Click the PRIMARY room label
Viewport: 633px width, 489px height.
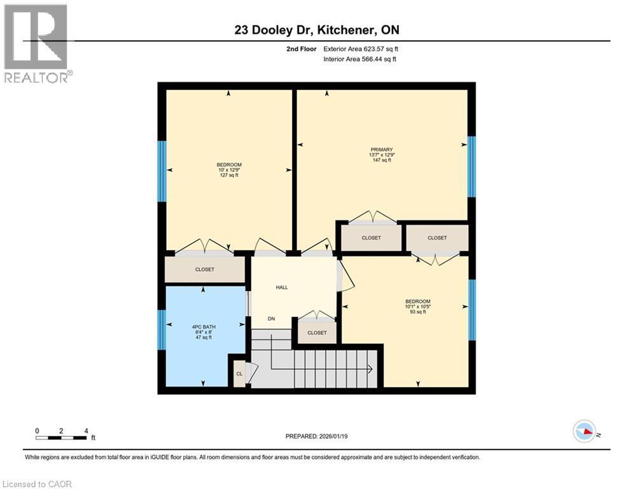pyautogui.click(x=382, y=149)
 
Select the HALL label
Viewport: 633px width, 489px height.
pyautogui.click(x=282, y=287)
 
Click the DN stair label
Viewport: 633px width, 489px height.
pyautogui.click(x=271, y=318)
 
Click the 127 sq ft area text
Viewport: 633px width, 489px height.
pyautogui.click(x=229, y=175)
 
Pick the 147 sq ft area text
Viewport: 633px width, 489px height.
pyautogui.click(x=382, y=160)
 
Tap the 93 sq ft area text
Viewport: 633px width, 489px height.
pyautogui.click(x=418, y=312)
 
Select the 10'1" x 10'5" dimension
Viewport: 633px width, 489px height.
pyautogui.click(x=418, y=306)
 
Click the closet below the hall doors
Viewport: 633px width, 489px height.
pyautogui.click(x=317, y=332)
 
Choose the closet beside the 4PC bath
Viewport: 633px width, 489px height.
pyautogui.click(x=205, y=269)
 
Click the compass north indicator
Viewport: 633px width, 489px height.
pyautogui.click(x=585, y=431)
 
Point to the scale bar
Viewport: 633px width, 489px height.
pyautogui.click(x=61, y=437)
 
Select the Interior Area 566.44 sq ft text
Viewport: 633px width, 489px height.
pyautogui.click(x=360, y=59)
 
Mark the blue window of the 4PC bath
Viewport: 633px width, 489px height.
pyautogui.click(x=162, y=329)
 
